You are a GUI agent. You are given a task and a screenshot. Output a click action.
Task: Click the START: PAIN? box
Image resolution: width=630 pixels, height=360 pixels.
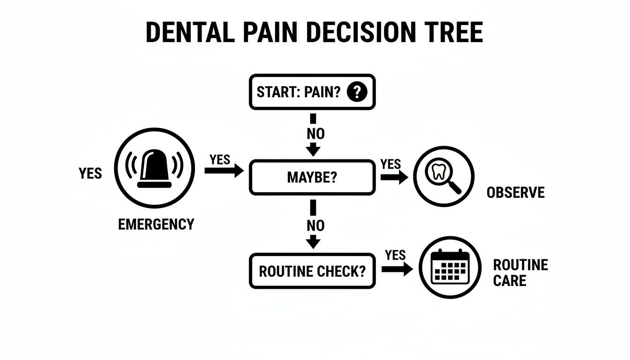tap(312, 92)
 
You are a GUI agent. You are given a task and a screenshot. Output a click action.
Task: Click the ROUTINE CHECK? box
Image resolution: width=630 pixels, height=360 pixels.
tap(312, 271)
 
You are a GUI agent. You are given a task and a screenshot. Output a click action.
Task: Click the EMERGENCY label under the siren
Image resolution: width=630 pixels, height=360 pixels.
tap(156, 224)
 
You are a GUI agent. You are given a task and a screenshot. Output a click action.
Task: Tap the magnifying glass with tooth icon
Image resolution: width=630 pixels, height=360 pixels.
tap(443, 176)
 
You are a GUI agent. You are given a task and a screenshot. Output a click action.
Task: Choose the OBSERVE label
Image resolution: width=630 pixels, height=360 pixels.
tap(516, 193)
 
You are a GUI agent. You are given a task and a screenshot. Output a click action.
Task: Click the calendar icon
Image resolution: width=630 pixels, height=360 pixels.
tap(450, 268)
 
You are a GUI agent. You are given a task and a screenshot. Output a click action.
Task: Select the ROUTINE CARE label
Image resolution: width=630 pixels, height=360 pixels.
tap(520, 273)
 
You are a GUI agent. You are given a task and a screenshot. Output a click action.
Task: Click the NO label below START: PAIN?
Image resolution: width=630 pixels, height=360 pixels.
tap(315, 134)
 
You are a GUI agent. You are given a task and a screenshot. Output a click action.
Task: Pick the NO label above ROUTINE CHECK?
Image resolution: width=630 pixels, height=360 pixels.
tap(315, 225)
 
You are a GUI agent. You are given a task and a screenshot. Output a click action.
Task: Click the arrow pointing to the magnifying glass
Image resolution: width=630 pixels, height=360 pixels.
tap(394, 178)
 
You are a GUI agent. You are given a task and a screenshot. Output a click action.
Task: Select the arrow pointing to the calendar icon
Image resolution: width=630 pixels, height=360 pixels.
tap(397, 270)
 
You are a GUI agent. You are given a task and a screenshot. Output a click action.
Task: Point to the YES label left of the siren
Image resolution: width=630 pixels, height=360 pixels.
tap(90, 173)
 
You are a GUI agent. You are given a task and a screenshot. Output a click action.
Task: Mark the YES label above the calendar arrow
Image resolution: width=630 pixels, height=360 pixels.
tap(395, 255)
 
